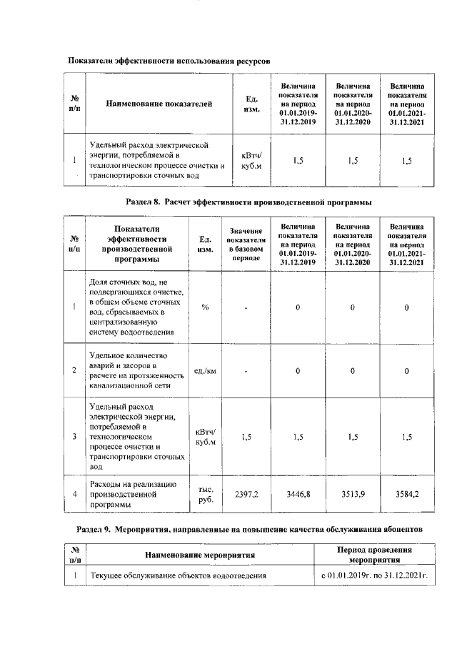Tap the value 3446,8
(298, 494)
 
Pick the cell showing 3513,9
(353, 494)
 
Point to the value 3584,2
(406, 494)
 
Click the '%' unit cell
(206, 307)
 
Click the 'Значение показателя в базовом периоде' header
(246, 244)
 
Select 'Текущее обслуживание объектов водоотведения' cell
(178, 575)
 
